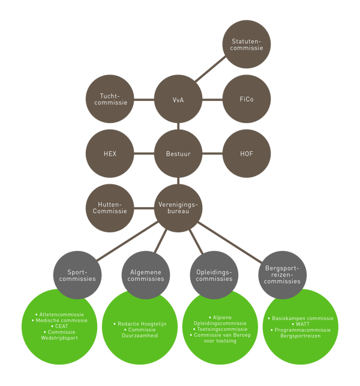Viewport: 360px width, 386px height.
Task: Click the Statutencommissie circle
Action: pyautogui.click(x=247, y=44)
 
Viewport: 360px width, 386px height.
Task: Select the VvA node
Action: pyautogui.click(x=178, y=99)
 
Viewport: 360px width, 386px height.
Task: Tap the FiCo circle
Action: pyautogui.click(x=247, y=99)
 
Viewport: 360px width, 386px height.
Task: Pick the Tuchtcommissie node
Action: pyautogui.click(x=110, y=99)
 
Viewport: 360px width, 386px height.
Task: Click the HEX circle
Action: pyautogui.click(x=110, y=154)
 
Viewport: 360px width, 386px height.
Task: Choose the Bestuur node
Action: pyautogui.click(x=178, y=154)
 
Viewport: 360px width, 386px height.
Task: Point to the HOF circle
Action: pyautogui.click(x=247, y=154)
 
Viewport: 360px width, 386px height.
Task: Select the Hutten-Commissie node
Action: pyautogui.click(x=110, y=208)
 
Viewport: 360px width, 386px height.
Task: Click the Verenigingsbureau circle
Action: pyautogui.click(x=178, y=208)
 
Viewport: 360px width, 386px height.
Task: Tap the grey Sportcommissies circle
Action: pyautogui.click(x=77, y=275)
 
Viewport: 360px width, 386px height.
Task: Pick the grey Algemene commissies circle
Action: pyautogui.click(x=146, y=275)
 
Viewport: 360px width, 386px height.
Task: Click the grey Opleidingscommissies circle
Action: pyautogui.click(x=214, y=275)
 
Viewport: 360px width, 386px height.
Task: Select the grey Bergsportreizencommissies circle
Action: pyautogui.click(x=282, y=275)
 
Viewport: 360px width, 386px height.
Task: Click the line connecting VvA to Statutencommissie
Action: pyautogui.click(x=210, y=69)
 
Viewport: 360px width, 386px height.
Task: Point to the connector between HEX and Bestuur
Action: pyautogui.click(x=144, y=154)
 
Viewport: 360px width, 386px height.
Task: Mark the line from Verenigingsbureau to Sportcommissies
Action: pyautogui.click(x=127, y=241)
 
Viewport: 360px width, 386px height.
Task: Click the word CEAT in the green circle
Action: pyautogui.click(x=61, y=326)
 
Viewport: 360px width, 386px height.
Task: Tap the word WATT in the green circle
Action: pyautogui.click(x=302, y=324)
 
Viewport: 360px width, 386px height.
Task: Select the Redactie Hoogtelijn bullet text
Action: pyautogui.click(x=142, y=324)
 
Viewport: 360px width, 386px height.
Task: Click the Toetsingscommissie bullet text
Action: pyautogui.click(x=222, y=329)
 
